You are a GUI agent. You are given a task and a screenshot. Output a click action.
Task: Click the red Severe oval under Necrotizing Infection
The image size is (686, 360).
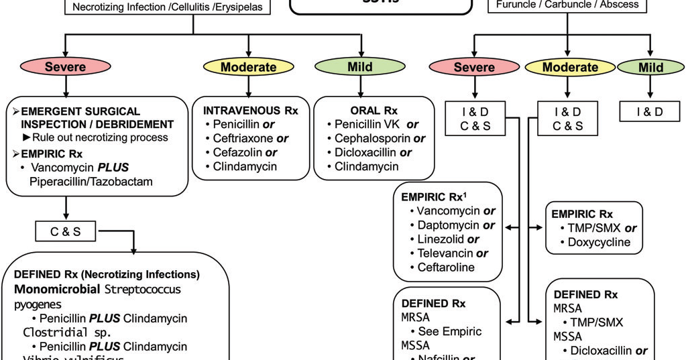pyautogui.click(x=65, y=66)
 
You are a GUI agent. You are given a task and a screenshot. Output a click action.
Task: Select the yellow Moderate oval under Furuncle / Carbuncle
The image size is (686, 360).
pyautogui.click(x=570, y=67)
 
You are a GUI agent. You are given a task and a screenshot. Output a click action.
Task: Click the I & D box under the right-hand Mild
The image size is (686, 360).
pyautogui.click(x=650, y=112)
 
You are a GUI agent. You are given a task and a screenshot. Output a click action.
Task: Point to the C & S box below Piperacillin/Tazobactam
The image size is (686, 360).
pyautogui.click(x=66, y=232)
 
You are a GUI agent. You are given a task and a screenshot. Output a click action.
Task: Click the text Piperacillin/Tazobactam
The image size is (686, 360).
pyautogui.click(x=91, y=182)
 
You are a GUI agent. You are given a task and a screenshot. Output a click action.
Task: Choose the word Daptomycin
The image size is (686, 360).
pyautogui.click(x=448, y=225)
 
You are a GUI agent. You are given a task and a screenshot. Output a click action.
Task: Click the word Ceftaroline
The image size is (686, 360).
pyautogui.click(x=446, y=267)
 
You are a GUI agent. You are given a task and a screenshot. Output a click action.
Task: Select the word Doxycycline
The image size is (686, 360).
pyautogui.click(x=599, y=242)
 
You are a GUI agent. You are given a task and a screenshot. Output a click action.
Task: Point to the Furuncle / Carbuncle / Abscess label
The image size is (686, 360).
pyautogui.click(x=567, y=5)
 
